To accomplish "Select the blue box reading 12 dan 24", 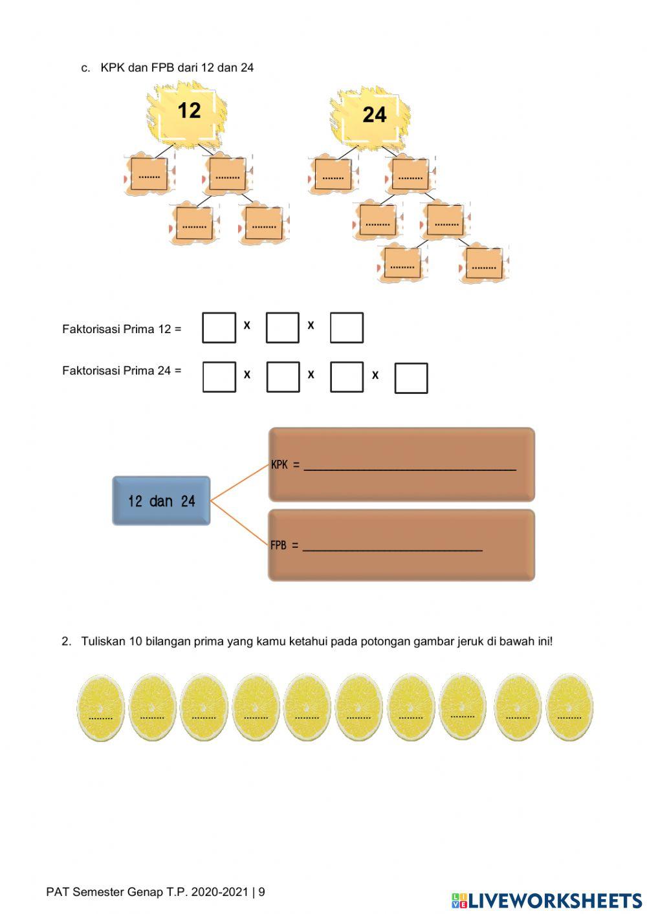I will tap(161, 501).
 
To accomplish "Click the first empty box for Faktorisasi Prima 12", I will tap(219, 328).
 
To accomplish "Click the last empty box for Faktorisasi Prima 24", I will tap(411, 378).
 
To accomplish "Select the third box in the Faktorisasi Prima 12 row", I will tap(346, 328).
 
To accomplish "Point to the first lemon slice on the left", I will tap(100, 708).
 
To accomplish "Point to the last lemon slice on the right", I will tap(569, 708).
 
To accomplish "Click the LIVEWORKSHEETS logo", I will tap(547, 900).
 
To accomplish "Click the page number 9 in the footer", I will tap(261, 892).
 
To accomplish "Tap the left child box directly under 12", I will tap(149, 174).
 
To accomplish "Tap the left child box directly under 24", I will tap(333, 175).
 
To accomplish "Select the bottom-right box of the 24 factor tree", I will tap(484, 265).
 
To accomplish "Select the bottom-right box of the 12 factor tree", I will tap(264, 224).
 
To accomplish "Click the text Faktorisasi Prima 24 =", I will tap(122, 371).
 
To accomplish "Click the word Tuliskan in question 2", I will tap(103, 641).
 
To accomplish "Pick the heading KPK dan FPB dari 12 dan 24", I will tap(177, 67).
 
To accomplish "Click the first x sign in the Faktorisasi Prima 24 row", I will tap(247, 375).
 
